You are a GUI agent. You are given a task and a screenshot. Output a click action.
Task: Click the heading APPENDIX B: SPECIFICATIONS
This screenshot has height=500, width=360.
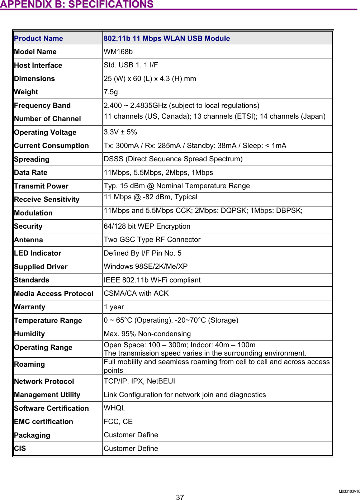pyautogui.click(x=77, y=5)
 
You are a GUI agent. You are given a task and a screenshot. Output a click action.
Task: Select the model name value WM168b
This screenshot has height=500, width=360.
pyautogui.click(x=118, y=52)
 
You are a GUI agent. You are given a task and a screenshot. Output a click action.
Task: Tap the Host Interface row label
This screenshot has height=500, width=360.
pyautogui.click(x=38, y=65)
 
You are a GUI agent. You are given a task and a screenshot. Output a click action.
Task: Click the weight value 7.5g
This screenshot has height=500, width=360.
pyautogui.click(x=110, y=92)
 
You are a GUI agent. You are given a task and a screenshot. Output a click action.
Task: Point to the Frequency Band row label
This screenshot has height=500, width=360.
pyautogui.click(x=42, y=105)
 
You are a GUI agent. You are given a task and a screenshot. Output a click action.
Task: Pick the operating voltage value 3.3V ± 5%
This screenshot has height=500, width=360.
pyautogui.click(x=120, y=132)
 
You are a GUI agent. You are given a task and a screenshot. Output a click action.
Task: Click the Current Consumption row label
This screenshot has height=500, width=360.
pyautogui.click(x=51, y=146)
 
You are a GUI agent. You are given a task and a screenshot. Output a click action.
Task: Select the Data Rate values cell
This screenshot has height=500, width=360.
pyautogui.click(x=158, y=172)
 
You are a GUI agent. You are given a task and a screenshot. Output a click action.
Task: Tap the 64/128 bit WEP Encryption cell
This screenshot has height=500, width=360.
pyautogui.click(x=147, y=226)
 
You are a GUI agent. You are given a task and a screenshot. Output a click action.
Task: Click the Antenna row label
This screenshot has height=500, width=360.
pyautogui.click(x=28, y=240)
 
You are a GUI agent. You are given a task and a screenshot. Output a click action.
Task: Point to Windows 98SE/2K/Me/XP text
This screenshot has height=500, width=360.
pyautogui.click(x=146, y=266)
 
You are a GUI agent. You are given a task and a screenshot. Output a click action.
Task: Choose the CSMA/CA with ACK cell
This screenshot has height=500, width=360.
pyautogui.click(x=136, y=293)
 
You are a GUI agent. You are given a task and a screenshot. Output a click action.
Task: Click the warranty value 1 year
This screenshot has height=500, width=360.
pyautogui.click(x=114, y=307)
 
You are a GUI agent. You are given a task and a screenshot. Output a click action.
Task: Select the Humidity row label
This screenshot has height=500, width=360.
pyautogui.click(x=29, y=334)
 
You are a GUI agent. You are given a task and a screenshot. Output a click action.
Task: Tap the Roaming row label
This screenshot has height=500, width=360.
pyautogui.click(x=29, y=364)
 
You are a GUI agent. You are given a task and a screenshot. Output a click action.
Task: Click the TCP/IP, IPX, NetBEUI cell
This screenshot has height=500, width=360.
pyautogui.click(x=139, y=381)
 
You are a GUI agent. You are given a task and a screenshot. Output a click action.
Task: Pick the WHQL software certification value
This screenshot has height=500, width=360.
pyautogui.click(x=114, y=408)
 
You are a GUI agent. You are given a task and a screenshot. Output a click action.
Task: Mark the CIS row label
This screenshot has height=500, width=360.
pyautogui.click(x=20, y=448)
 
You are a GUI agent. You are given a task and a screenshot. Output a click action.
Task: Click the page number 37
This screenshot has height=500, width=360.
pyautogui.click(x=180, y=497)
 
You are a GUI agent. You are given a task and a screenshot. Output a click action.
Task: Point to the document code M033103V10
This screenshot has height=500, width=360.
pyautogui.click(x=349, y=491)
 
